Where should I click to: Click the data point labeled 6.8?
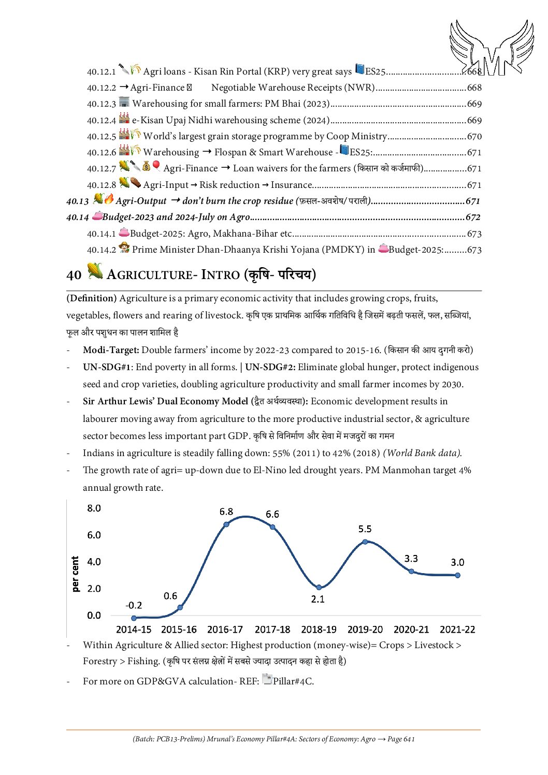(226, 524)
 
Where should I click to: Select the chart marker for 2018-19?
(319, 587)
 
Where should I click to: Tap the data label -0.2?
(134, 605)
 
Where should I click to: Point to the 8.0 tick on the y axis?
(94, 508)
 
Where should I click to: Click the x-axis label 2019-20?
(365, 630)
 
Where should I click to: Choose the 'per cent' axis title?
(76, 574)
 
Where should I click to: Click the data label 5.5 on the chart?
(365, 529)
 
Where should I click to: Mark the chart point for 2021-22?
(457, 575)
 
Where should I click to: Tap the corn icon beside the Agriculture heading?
(95, 271)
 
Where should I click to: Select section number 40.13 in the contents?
(78, 201)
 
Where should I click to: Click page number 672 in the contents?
(473, 217)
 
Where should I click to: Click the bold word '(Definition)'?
(91, 299)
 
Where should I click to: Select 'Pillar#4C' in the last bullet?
(293, 681)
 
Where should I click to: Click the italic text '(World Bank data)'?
(422, 453)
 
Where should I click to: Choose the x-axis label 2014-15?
(134, 630)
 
